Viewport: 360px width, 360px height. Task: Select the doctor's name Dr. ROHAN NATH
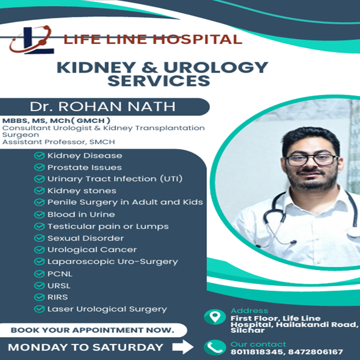[x=103, y=107]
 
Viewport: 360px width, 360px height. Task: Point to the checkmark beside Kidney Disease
[x=40, y=156]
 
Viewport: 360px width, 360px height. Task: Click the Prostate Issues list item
[x=84, y=167]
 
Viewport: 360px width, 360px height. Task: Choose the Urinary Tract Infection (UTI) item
[x=115, y=179]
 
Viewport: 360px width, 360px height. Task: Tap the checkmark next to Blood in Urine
[x=40, y=214]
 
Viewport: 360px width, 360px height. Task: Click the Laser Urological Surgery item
[x=107, y=309]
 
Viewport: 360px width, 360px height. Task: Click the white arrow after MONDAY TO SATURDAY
[x=182, y=347]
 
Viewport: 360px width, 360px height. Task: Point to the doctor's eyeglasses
[x=311, y=159]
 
